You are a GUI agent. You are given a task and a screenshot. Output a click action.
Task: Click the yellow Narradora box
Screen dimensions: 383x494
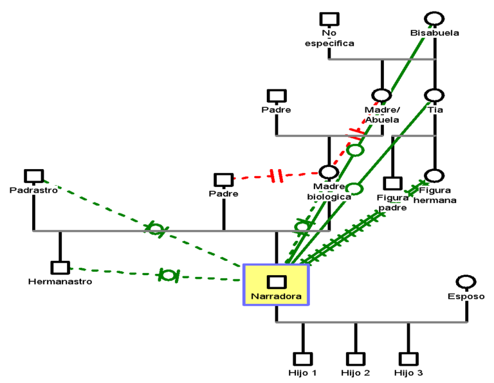pos(276,285)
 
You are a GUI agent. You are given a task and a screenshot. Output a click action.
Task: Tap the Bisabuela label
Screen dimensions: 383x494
pos(435,33)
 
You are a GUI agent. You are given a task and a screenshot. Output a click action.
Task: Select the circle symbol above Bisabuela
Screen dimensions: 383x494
pos(435,19)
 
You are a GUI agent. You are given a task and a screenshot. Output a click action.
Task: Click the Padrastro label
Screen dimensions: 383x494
pos(34,190)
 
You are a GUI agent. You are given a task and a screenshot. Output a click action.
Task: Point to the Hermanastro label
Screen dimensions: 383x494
pos(60,281)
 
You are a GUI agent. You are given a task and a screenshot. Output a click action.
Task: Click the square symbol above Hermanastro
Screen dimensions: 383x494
pos(60,268)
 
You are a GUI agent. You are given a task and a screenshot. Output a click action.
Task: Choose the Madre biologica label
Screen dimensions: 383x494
pos(329,191)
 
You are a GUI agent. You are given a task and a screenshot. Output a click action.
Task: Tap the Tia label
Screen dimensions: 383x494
pos(435,110)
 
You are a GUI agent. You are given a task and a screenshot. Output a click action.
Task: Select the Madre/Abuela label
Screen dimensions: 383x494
pos(382,114)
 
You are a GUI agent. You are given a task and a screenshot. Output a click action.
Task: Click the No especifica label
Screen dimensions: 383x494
pos(329,38)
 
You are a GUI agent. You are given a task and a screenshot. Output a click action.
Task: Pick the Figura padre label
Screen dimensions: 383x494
pos(392,202)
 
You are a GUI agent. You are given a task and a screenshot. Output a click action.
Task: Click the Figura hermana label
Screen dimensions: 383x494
pos(435,195)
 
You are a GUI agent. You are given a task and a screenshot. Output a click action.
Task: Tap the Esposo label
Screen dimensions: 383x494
pos(466,296)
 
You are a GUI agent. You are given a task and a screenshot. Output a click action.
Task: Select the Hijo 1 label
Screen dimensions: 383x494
pos(302,373)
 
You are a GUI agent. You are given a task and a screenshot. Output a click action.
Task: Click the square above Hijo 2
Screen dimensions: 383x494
pos(356,359)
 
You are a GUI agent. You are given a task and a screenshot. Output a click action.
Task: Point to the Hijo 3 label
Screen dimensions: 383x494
pos(408,373)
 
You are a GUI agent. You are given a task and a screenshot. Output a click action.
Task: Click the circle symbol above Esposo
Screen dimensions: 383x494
pos(466,282)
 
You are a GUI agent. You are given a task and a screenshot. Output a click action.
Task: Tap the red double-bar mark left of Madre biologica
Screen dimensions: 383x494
pos(275,175)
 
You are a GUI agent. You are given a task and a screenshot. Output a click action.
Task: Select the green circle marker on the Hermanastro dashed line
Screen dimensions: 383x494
pos(168,275)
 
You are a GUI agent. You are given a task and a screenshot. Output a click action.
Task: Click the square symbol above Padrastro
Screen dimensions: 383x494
pos(34,176)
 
